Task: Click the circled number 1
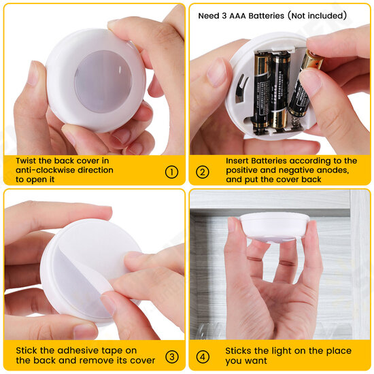pyautogui.click(x=171, y=172)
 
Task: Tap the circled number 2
pyautogui.click(x=203, y=172)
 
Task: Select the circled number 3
pyautogui.click(x=172, y=357)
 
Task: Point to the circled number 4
pyautogui.click(x=203, y=357)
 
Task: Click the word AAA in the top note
pyautogui.click(x=237, y=16)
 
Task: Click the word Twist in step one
pyautogui.click(x=27, y=160)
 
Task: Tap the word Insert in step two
pyautogui.click(x=237, y=160)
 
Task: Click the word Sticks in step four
pyautogui.click(x=238, y=351)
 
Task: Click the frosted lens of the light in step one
pyautogui.click(x=103, y=82)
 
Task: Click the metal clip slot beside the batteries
pyautogui.click(x=241, y=88)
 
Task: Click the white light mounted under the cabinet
pyautogui.click(x=274, y=227)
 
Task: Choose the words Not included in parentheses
pyautogui.click(x=318, y=16)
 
